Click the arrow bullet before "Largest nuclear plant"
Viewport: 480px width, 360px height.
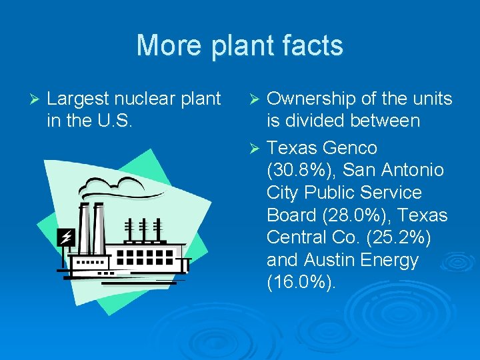[37, 99]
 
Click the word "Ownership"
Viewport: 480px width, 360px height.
[311, 99]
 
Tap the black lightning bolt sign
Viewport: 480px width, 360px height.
[65, 237]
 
